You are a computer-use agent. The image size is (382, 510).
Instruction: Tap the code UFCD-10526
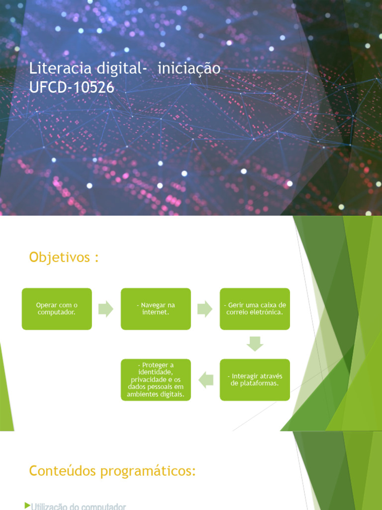click(x=72, y=87)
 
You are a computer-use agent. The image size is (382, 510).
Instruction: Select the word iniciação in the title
click(x=189, y=69)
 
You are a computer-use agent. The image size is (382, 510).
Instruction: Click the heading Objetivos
click(x=64, y=257)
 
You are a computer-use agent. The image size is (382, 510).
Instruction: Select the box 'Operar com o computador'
click(x=57, y=309)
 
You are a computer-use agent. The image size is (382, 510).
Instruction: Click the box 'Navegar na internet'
click(x=156, y=309)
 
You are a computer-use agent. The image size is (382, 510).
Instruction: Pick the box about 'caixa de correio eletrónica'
click(x=255, y=309)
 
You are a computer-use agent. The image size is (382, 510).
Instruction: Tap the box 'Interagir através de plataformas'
click(x=255, y=380)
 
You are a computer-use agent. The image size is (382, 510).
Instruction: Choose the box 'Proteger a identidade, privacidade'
click(x=156, y=380)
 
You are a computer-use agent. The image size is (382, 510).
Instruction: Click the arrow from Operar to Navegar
click(x=106, y=309)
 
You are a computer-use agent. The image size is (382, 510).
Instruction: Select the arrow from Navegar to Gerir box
click(x=205, y=309)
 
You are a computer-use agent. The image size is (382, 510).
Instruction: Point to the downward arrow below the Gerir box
click(x=255, y=344)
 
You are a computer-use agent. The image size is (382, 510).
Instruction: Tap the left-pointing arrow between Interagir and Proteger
click(x=205, y=380)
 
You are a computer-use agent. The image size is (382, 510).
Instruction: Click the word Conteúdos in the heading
click(x=62, y=471)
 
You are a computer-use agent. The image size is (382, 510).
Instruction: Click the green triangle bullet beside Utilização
click(x=27, y=506)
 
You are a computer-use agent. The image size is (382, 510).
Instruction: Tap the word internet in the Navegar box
click(x=156, y=312)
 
